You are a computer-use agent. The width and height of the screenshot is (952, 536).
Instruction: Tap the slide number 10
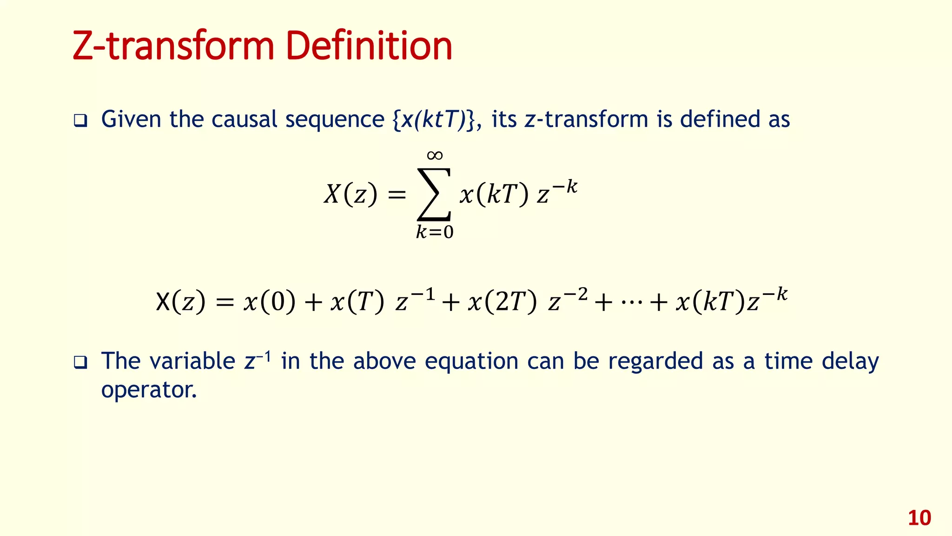coord(919,518)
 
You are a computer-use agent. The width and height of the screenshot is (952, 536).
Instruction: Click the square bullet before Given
coord(80,121)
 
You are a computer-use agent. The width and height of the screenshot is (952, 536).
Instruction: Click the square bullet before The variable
coord(80,362)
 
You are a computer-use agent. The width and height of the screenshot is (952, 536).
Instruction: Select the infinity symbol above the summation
coord(435,155)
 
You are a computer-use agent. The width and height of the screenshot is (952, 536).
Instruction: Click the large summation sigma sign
coord(434,194)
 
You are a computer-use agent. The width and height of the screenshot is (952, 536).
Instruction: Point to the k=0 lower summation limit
coord(435,232)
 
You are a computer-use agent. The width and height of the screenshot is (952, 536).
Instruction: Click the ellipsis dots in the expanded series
coord(631,303)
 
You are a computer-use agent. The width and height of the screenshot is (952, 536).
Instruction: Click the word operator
coord(149,390)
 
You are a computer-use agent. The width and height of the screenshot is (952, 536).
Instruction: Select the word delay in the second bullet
coord(850,362)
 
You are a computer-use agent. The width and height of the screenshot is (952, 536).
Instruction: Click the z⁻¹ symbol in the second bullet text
coord(258,361)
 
